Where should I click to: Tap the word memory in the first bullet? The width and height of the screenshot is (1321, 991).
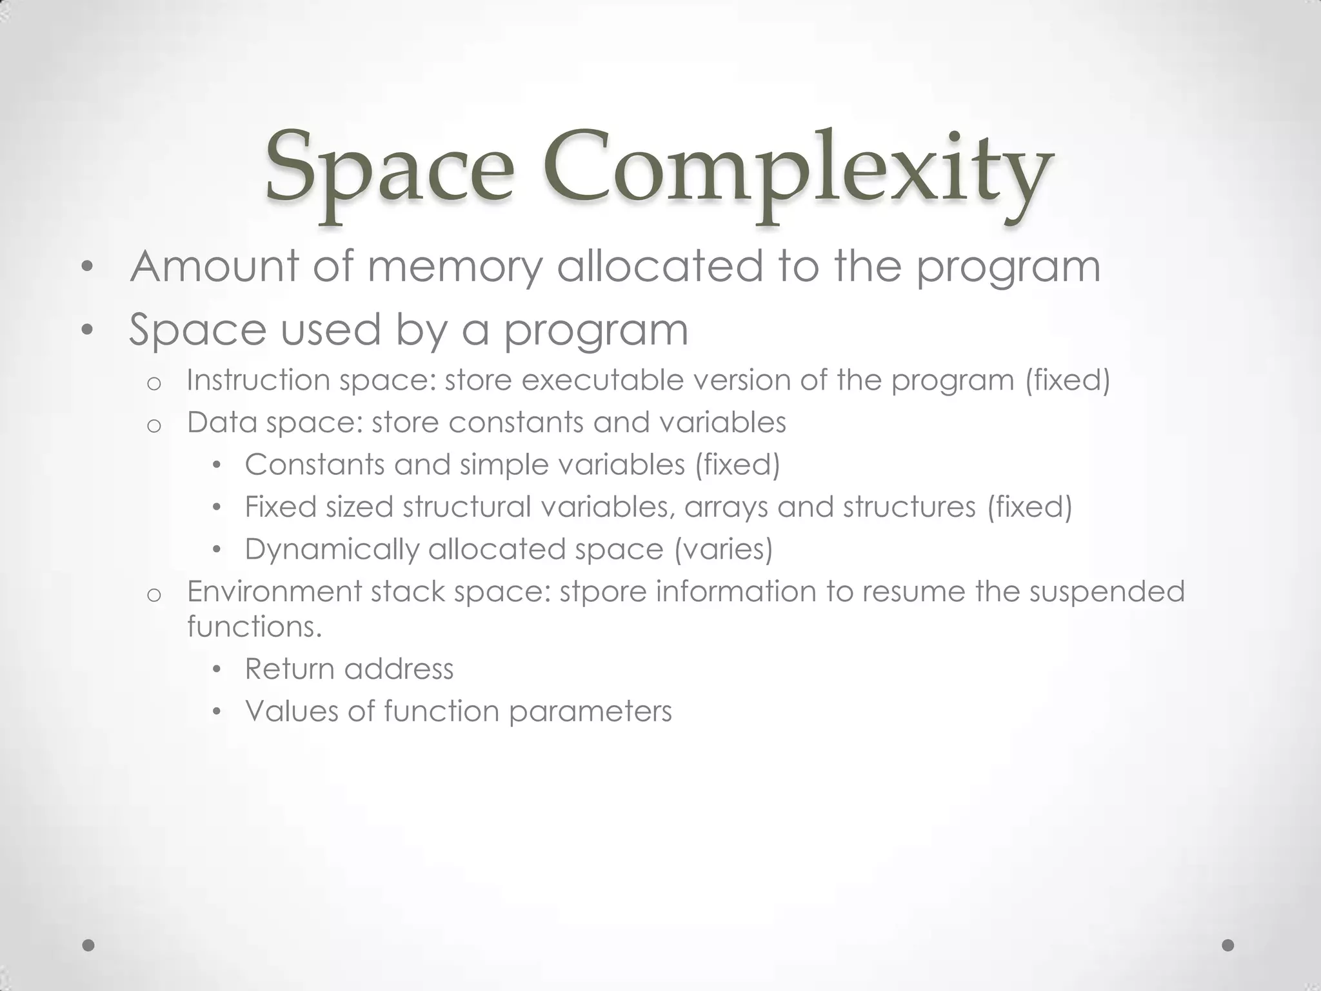tap(455, 267)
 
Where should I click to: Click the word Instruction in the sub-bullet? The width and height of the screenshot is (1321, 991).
tap(257, 380)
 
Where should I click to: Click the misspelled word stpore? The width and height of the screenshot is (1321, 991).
tap(602, 592)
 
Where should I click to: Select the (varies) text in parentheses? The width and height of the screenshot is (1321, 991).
tap(723, 550)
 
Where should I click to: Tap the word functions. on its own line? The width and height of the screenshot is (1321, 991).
tap(254, 626)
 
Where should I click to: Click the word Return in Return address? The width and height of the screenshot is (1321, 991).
tap(289, 669)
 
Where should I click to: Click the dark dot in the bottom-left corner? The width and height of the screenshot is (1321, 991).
tap(89, 945)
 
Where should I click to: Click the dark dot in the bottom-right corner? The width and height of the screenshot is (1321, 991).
tap(1228, 945)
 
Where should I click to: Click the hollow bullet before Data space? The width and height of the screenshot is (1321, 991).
tap(154, 426)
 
